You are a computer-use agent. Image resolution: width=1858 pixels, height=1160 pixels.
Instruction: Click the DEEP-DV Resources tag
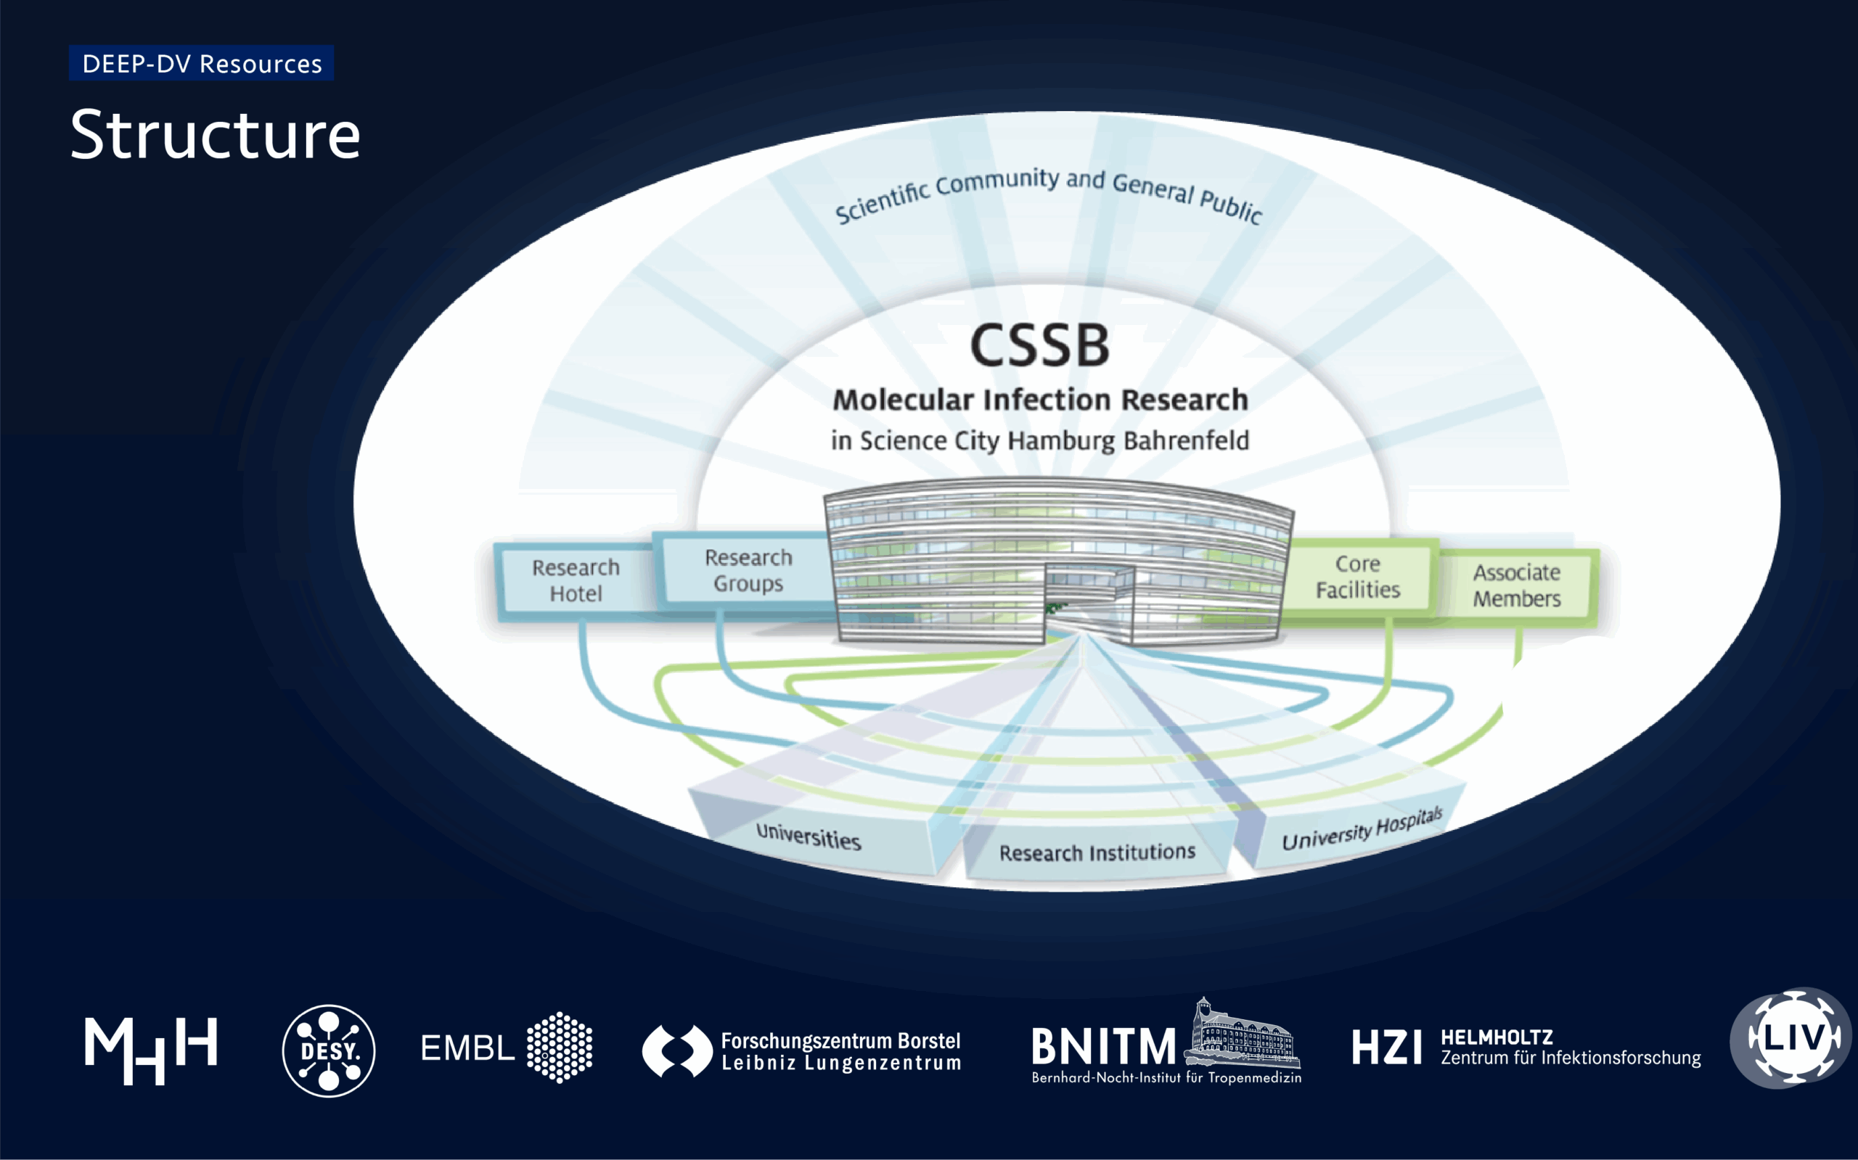click(x=201, y=64)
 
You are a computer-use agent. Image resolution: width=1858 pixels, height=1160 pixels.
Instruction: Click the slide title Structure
click(x=215, y=135)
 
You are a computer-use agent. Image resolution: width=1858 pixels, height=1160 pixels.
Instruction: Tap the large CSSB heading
click(x=1040, y=345)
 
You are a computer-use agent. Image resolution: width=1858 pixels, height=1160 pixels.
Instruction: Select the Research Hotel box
click(x=576, y=580)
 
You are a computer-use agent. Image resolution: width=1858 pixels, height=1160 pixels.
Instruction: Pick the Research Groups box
click(x=748, y=570)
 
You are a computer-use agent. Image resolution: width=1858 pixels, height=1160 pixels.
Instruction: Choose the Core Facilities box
click(x=1358, y=577)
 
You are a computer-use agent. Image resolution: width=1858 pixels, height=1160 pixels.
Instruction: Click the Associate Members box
click(x=1516, y=585)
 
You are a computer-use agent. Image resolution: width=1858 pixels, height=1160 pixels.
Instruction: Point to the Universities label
click(x=808, y=836)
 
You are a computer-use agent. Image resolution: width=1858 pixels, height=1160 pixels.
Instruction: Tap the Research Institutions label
click(x=1097, y=852)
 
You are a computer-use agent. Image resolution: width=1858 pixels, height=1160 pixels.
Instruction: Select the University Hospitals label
click(x=1362, y=829)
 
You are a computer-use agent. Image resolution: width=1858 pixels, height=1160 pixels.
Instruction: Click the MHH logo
click(x=151, y=1050)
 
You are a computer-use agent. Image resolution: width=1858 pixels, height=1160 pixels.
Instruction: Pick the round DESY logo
click(x=329, y=1050)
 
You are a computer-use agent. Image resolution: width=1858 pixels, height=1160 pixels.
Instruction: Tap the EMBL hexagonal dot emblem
click(x=560, y=1048)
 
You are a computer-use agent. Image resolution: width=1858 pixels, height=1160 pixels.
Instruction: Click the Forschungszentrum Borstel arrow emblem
click(x=677, y=1050)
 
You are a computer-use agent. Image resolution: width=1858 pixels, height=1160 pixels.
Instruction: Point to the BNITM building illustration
click(x=1240, y=1035)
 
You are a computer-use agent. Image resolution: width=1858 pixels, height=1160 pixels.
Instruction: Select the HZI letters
click(x=1386, y=1048)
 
